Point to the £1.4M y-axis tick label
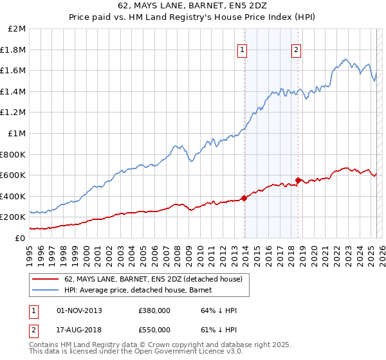click(x=14, y=92)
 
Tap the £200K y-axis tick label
click(x=13, y=217)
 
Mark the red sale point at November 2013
click(x=244, y=198)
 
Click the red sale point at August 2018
click(x=298, y=181)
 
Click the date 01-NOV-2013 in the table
click(x=79, y=310)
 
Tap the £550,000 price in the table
click(x=154, y=329)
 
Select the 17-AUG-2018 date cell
click(x=79, y=329)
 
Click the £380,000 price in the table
click(x=154, y=310)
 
